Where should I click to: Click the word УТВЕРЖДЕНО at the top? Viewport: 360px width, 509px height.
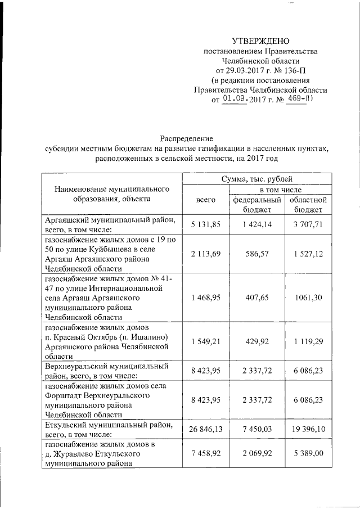260,41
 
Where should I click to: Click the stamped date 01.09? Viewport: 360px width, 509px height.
235,99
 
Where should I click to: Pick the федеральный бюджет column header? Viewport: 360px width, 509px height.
256,204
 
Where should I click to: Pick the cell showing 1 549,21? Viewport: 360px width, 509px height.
206,340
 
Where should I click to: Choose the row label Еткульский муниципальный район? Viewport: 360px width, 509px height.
112,425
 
